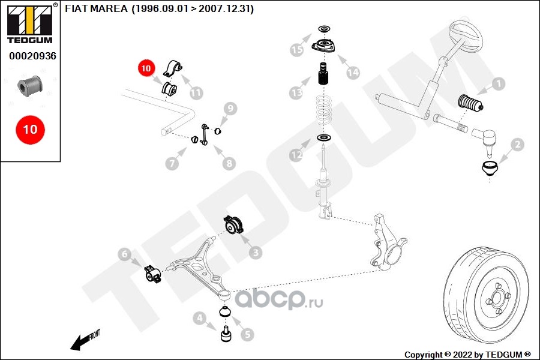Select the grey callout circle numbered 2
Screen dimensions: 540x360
coord(517,144)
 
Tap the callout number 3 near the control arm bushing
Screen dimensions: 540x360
coord(256,253)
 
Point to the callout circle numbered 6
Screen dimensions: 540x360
coord(124,254)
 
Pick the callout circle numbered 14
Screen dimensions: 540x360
coord(353,72)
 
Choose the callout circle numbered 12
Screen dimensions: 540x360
coord(296,155)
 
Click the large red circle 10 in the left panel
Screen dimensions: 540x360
coord(30,129)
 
